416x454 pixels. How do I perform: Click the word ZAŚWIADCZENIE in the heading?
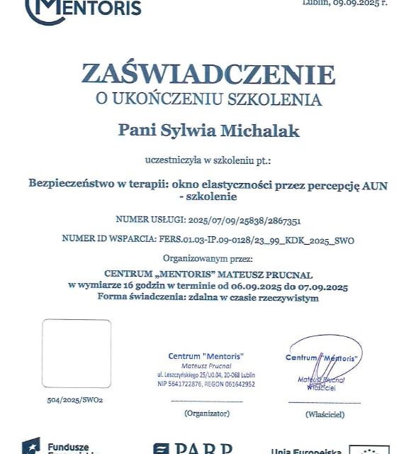[x=208, y=74]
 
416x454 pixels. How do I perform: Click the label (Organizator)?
[x=206, y=412]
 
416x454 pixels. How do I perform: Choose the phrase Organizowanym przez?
[x=207, y=260]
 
